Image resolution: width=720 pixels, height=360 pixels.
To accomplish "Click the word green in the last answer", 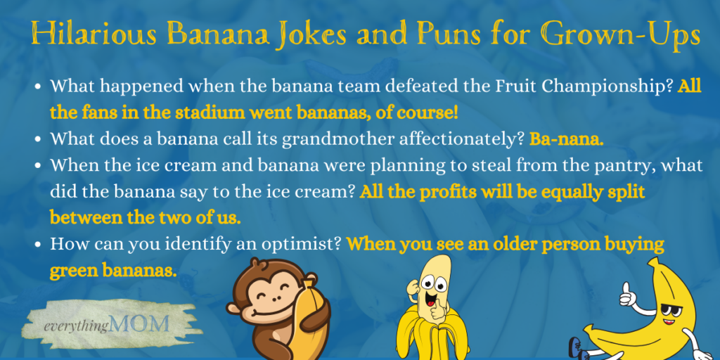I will pos(72,269).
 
